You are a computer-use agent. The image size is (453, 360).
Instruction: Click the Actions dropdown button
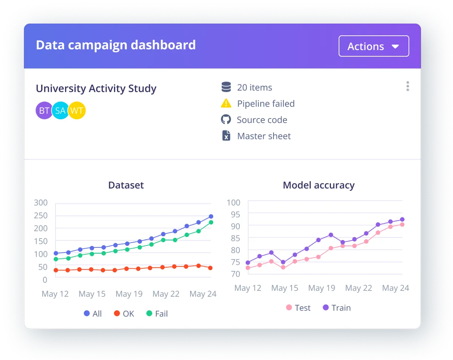(x=374, y=46)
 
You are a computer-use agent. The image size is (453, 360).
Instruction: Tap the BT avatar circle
(x=44, y=110)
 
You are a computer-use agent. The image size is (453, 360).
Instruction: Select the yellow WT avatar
(x=77, y=110)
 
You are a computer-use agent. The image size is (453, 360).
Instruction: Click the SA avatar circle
(x=60, y=110)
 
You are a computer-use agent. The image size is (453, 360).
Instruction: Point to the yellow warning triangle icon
(x=226, y=104)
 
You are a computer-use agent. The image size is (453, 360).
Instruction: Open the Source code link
(x=262, y=120)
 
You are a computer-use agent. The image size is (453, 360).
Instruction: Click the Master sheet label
(x=264, y=136)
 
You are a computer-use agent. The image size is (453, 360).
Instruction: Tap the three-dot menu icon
(x=407, y=86)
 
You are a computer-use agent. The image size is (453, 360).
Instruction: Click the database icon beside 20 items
(x=226, y=87)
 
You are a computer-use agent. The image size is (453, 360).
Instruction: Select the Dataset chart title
(x=126, y=185)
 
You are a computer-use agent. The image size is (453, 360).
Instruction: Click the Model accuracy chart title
(x=318, y=185)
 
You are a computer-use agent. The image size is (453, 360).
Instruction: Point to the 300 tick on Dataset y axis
(x=40, y=203)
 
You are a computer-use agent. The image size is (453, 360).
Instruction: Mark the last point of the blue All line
(x=211, y=216)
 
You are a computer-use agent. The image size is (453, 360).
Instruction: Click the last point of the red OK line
(x=210, y=268)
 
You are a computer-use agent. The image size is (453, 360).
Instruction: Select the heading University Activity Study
(x=96, y=89)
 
